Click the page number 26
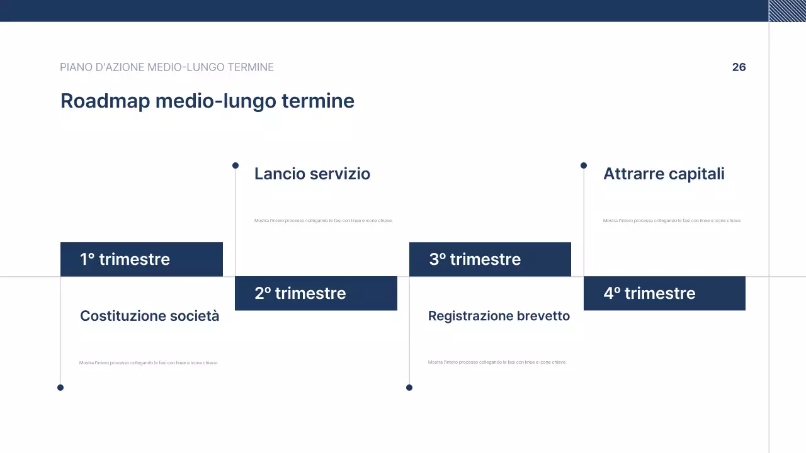coord(739,67)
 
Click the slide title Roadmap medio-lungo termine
coord(207,101)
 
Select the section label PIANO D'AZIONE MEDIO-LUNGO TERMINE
coord(167,67)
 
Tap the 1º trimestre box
coord(142,259)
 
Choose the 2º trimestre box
coord(316,293)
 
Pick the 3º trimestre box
coord(490,259)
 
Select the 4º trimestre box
coord(664,293)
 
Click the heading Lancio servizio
coord(312,174)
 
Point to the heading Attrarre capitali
coord(664,174)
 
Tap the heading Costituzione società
coord(150,316)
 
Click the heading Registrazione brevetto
coord(499,316)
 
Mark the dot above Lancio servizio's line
coord(236,165)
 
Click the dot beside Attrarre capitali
coord(584,165)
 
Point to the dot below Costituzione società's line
coord(60,388)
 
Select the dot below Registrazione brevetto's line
coord(409,388)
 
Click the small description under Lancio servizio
coord(323,221)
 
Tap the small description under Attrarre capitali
coord(672,221)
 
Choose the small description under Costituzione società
coord(149,363)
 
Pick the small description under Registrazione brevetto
coord(497,362)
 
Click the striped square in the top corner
coord(787,11)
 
